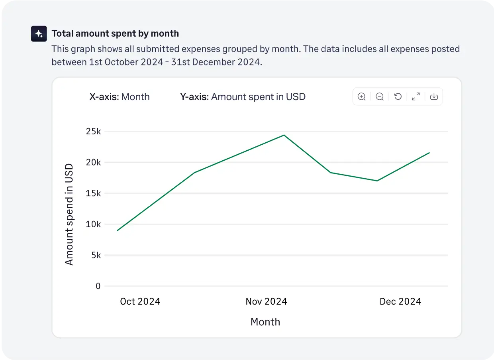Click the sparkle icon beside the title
(39, 34)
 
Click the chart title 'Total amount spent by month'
(115, 33)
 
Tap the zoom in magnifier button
(362, 96)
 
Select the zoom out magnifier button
(380, 96)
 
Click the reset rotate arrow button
(398, 96)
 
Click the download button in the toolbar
(434, 96)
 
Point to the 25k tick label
(93, 131)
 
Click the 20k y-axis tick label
(93, 162)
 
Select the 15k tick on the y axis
(93, 193)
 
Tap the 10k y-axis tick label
(93, 224)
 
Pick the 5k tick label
(96, 255)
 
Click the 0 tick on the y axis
(98, 286)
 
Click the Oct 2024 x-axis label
(140, 301)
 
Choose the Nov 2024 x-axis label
(266, 301)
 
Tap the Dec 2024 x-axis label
(400, 301)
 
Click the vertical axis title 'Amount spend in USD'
(69, 214)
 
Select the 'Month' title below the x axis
(265, 322)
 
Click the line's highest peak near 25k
(284, 135)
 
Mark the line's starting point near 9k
(118, 230)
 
